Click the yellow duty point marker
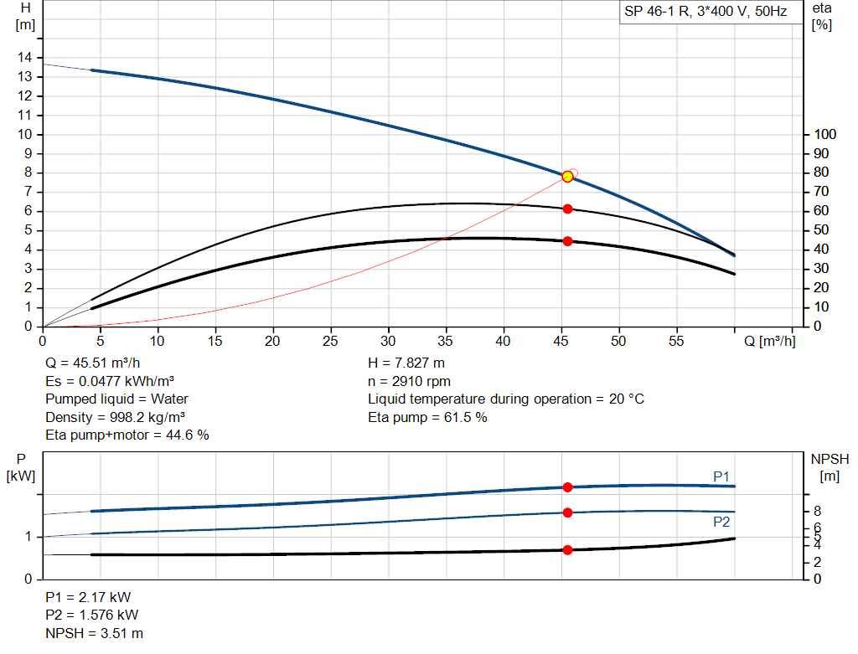click(x=567, y=176)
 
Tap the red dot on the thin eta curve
click(x=567, y=209)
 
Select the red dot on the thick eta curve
click(x=567, y=241)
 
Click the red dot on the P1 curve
click(x=567, y=487)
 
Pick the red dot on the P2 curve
click(x=567, y=512)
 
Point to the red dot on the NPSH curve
click(x=567, y=550)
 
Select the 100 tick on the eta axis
click(x=825, y=134)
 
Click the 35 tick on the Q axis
click(x=446, y=341)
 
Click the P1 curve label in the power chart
click(x=721, y=476)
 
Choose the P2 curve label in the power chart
click(x=721, y=522)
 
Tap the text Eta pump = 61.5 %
click(x=427, y=417)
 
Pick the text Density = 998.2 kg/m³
click(x=116, y=417)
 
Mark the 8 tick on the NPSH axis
click(x=817, y=511)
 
